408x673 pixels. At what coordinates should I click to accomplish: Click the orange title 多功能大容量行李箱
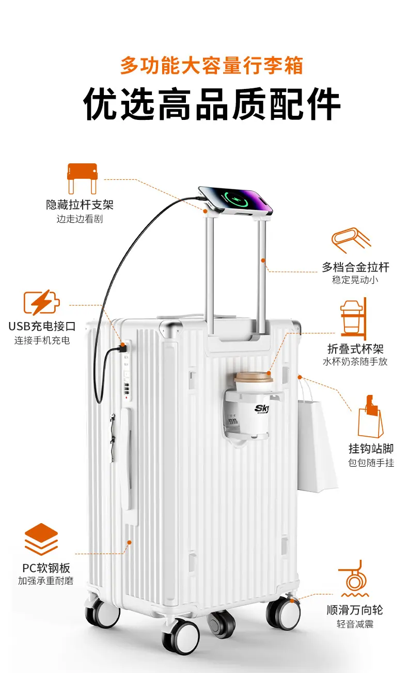click(211, 65)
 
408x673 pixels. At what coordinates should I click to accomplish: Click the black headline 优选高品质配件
click(212, 104)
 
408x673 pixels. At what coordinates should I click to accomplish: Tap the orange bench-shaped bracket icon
click(82, 178)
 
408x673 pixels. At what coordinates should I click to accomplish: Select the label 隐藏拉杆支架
click(80, 205)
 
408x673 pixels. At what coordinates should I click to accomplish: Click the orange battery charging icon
click(41, 302)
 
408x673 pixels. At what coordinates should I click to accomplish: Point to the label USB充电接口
click(42, 326)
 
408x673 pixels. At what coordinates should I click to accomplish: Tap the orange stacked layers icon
click(41, 539)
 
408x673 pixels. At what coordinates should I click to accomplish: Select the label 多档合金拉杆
click(355, 267)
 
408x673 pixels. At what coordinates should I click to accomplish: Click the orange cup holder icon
click(354, 318)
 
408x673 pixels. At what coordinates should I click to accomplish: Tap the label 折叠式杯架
click(355, 349)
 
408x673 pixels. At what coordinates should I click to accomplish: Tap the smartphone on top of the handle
click(236, 200)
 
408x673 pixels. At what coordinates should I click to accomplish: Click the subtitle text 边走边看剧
click(80, 219)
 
